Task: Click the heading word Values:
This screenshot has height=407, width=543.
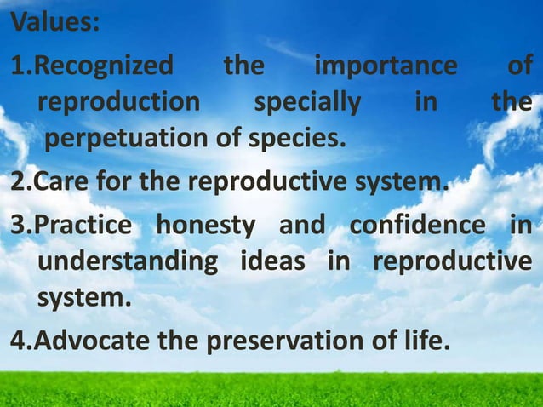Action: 54,21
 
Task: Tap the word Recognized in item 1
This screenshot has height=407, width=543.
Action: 106,66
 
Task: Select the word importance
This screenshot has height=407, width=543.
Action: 385,66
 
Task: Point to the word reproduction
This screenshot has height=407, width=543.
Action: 119,103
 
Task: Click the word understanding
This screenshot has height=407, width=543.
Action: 128,262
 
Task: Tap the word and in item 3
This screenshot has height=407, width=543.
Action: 302,226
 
